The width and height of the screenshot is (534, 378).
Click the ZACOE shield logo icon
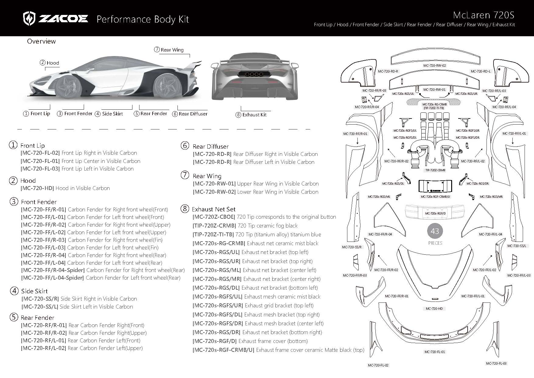point(30,19)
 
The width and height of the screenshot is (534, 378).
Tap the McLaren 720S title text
point(483,15)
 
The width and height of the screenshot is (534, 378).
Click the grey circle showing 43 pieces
point(435,231)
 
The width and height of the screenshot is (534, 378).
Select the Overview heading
point(41,41)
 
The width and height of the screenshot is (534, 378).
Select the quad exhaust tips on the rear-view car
point(250,74)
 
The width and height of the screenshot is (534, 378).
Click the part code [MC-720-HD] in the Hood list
point(37,188)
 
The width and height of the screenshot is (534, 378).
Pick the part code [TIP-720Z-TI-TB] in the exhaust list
point(213,235)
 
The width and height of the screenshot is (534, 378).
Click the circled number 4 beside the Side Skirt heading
point(14,291)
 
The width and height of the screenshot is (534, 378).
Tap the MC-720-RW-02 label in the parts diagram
point(434,65)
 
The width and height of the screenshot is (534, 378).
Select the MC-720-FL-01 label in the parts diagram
point(434,352)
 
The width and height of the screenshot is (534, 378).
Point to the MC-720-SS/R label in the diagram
point(352,247)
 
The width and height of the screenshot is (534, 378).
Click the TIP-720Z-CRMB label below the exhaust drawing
point(435,170)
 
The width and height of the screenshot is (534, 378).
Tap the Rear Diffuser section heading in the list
point(210,147)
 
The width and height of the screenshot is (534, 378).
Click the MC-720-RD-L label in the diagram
point(481,71)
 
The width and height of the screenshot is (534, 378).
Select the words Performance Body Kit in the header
point(142,19)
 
